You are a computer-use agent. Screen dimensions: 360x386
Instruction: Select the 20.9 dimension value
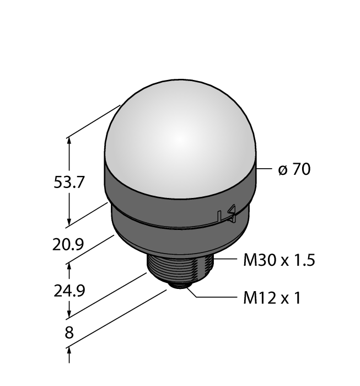point(68,244)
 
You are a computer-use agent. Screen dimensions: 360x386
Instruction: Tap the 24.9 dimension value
point(69,291)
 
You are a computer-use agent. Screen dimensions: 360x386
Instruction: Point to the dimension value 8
point(69,333)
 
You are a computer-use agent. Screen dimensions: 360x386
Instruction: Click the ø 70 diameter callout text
point(294,169)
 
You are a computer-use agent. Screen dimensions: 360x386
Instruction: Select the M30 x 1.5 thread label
point(279,260)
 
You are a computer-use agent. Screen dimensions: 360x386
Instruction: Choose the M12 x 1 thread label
point(272,298)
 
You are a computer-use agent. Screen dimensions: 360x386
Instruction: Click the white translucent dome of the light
point(180,138)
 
